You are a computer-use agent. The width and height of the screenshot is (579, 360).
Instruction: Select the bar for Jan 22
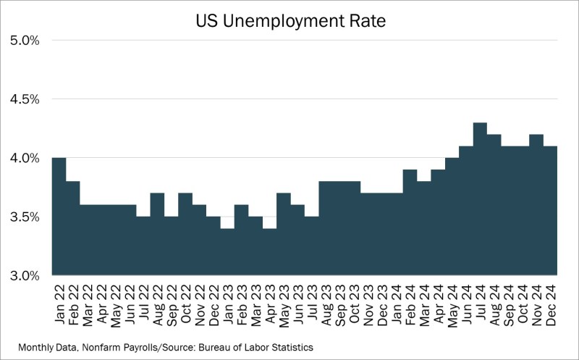click(59, 217)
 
